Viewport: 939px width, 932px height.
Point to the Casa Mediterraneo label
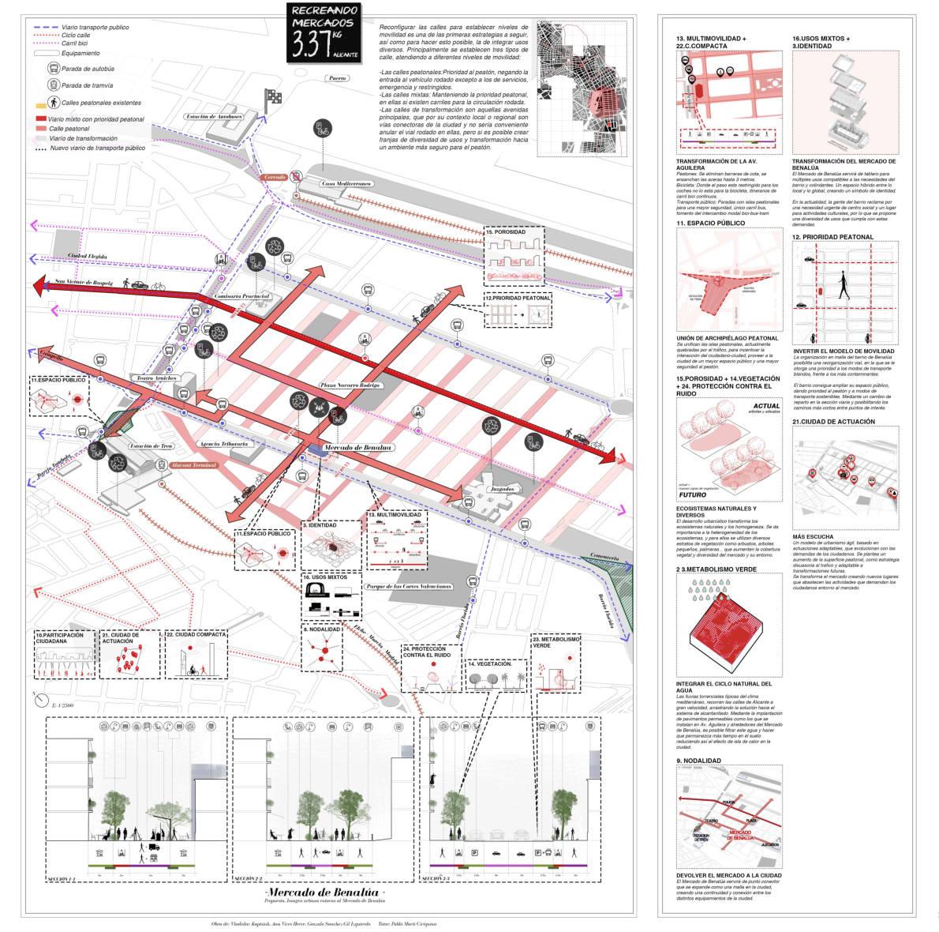point(346,183)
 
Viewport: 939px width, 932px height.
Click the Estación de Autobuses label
point(214,116)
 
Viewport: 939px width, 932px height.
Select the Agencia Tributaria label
point(224,444)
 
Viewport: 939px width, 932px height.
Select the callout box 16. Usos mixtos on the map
point(331,596)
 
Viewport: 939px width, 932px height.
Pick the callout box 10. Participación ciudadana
point(63,654)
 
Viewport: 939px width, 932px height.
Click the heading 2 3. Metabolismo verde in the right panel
point(716,569)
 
